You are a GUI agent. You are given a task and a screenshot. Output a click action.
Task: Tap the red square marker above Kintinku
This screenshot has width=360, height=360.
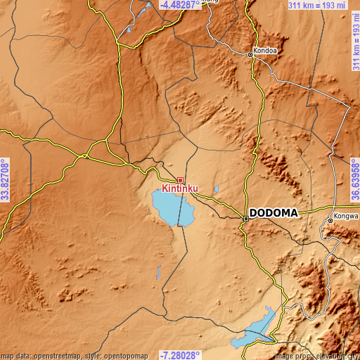click(x=181, y=180)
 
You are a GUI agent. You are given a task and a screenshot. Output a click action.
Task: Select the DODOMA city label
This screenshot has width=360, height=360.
click(x=274, y=212)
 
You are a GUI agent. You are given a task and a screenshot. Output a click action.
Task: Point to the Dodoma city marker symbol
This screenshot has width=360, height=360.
click(x=245, y=219)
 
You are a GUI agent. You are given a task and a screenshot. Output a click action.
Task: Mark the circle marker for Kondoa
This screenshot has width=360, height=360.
click(x=250, y=53)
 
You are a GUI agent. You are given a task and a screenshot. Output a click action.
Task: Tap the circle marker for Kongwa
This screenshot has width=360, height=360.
click(x=330, y=221)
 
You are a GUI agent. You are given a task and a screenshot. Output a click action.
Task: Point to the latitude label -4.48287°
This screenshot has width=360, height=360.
click(x=179, y=5)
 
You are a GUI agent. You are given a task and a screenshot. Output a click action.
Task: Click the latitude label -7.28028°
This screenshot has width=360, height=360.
click(x=179, y=355)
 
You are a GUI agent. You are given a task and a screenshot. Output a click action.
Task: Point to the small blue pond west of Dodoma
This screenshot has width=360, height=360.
click(x=217, y=188)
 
